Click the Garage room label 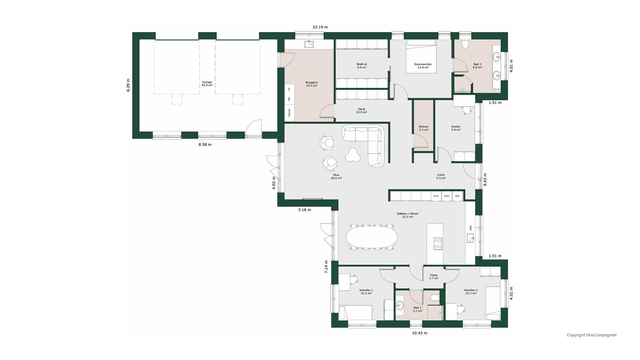pyautogui.click(x=207, y=84)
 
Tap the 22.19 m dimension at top pyautogui.click(x=320, y=27)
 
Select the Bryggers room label pyautogui.click(x=312, y=84)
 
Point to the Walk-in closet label pyautogui.click(x=362, y=66)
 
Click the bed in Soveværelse pyautogui.click(x=421, y=56)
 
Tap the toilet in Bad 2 pyautogui.click(x=466, y=44)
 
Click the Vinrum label pyautogui.click(x=424, y=128)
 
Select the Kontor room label pyautogui.click(x=456, y=128)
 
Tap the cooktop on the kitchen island pyautogui.click(x=438, y=244)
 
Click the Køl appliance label pyautogui.click(x=457, y=196)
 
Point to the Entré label pyautogui.click(x=441, y=176)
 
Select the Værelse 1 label pyautogui.click(x=366, y=292)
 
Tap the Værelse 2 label pyautogui.click(x=471, y=292)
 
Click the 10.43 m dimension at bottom pyautogui.click(x=420, y=333)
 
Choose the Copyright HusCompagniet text pyautogui.click(x=592, y=335)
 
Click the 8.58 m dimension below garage pyautogui.click(x=205, y=145)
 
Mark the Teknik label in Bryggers pyautogui.click(x=289, y=112)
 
